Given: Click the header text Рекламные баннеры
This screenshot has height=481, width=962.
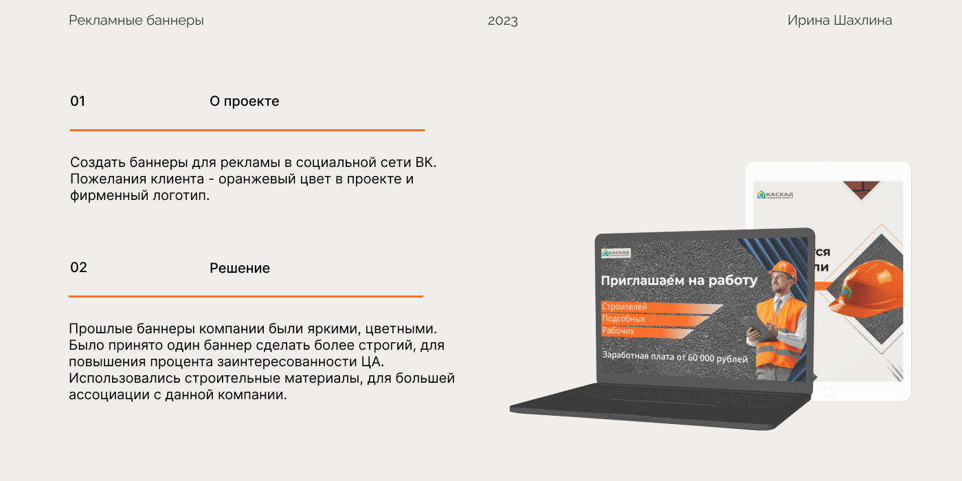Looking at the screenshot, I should click(x=136, y=21).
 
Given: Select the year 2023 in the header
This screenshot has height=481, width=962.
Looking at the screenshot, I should click(x=503, y=21).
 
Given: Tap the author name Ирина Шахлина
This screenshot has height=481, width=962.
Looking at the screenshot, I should click(x=840, y=21).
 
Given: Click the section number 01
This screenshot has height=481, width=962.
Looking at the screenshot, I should click(x=78, y=101).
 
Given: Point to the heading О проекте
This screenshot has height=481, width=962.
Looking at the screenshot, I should click(x=244, y=101).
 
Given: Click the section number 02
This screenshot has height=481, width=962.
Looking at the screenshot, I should click(x=78, y=267).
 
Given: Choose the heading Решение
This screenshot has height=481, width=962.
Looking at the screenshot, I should click(x=239, y=268).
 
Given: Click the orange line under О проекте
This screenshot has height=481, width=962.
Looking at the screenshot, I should click(x=247, y=130).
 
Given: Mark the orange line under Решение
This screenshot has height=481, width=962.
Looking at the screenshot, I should click(x=245, y=296).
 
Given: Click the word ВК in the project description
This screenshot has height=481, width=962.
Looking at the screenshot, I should click(x=425, y=163).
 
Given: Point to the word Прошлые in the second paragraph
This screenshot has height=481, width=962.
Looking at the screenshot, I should click(x=97, y=328).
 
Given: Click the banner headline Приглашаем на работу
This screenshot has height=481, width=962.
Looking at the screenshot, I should click(x=679, y=280).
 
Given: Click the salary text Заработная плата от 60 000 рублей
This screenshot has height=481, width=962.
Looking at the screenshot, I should click(x=675, y=357).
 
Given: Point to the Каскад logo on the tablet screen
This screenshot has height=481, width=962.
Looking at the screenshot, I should click(x=775, y=195).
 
